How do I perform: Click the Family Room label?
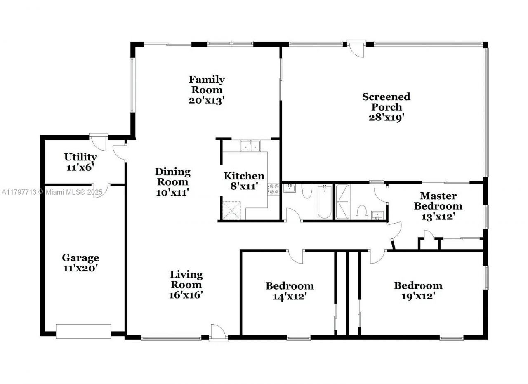pos(207,85)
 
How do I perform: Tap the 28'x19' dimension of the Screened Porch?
pos(386,117)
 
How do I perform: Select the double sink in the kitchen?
pos(250,146)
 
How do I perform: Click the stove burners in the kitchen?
pos(273,189)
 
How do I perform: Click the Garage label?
pos(80,258)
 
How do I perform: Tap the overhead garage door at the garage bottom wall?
pos(83,331)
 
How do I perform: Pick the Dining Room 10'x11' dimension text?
pos(172,192)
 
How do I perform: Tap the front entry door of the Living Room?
pos(218,332)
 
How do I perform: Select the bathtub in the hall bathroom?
pos(324,202)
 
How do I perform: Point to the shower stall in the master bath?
pos(342,201)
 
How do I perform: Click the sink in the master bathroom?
pos(377,215)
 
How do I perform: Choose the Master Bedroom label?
pos(438,200)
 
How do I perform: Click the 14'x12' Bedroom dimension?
pos(289,296)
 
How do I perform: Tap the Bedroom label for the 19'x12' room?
pos(418,285)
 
